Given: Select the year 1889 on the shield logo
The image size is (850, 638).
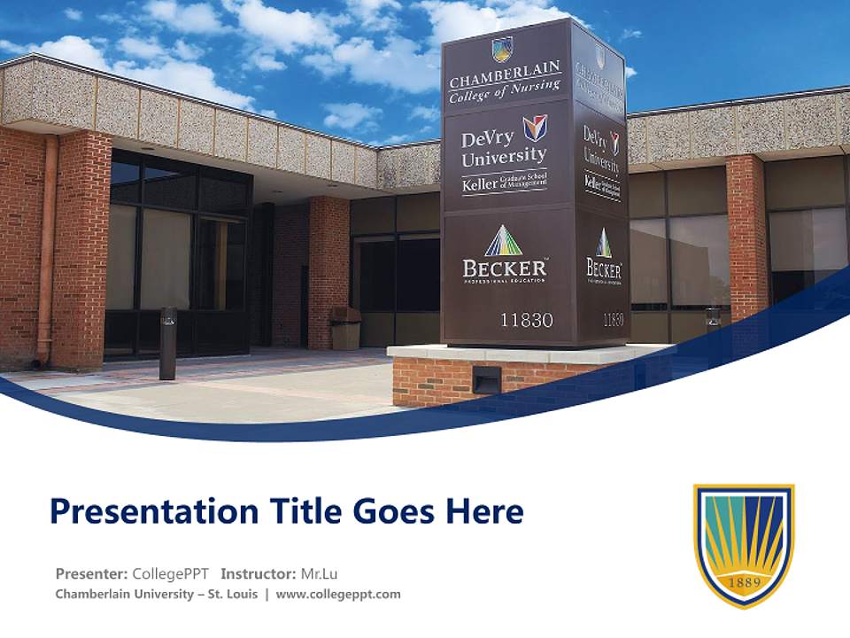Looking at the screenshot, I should tap(744, 583).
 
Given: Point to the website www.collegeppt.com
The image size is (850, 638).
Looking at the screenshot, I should tap(338, 595).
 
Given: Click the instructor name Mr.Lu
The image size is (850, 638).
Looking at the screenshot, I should tap(319, 573).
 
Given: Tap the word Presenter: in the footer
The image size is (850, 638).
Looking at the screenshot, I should tap(90, 573).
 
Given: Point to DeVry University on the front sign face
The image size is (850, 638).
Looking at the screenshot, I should tap(503, 147).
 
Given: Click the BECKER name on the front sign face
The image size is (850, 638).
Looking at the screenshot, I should tap(504, 267).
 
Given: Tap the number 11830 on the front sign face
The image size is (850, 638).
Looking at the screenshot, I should tap(526, 320).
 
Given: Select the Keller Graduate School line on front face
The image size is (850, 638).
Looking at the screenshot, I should tap(504, 184).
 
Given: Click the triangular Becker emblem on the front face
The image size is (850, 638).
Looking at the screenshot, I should tap(504, 240).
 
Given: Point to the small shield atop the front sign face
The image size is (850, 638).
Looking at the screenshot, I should tap(502, 48).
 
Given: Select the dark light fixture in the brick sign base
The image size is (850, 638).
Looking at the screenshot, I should tap(485, 380).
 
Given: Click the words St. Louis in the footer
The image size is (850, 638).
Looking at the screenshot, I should tap(233, 595).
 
